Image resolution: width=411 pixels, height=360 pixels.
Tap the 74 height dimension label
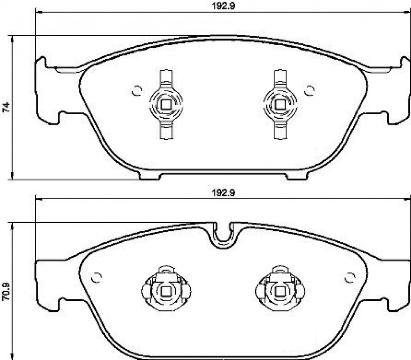pos(6,107)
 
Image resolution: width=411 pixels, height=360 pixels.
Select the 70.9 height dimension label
pos(6,291)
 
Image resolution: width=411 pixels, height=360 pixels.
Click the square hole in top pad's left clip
pos(166,105)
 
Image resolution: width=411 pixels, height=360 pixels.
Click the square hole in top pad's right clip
pos(280,105)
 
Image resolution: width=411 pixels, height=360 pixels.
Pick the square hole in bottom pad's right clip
pos(280,291)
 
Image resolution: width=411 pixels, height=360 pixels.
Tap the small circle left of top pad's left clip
pos(137,91)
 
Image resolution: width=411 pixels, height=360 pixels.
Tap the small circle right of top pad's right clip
pos(309,91)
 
